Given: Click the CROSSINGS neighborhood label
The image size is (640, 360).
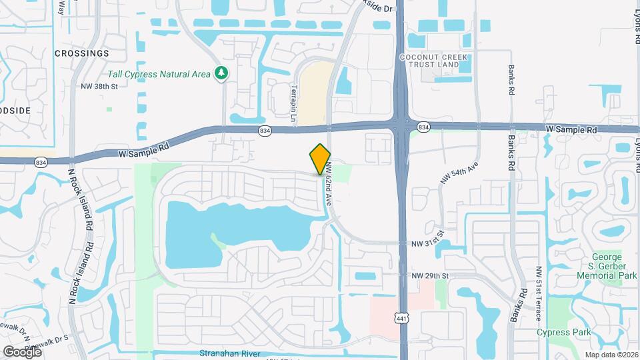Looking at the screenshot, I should coord(81,53).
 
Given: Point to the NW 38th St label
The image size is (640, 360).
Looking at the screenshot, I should coord(99,86).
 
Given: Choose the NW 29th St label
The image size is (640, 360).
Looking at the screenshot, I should coord(431,275).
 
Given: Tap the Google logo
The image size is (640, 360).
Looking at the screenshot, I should coord(22,351).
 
